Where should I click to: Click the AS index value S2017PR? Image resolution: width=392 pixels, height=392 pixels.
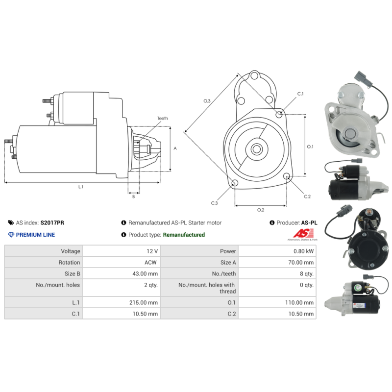(x=52, y=222)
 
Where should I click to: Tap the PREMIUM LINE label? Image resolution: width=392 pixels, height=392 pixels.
(x=35, y=235)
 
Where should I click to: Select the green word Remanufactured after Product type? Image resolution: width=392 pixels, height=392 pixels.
(x=184, y=235)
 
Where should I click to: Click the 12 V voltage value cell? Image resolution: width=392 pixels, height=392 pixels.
(x=152, y=251)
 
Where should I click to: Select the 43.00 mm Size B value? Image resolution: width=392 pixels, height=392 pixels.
(x=146, y=274)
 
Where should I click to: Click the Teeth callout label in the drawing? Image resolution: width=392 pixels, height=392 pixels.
(x=162, y=119)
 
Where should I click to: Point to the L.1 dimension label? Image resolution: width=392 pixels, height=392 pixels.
(x=81, y=187)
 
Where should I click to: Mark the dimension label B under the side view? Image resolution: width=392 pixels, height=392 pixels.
(x=133, y=196)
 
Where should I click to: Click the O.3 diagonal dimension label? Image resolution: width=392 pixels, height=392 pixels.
(x=207, y=101)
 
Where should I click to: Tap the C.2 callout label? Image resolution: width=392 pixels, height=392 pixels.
(x=307, y=196)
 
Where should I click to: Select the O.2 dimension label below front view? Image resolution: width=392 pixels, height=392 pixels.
(x=261, y=210)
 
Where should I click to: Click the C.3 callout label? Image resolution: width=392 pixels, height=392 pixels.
(x=215, y=203)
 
